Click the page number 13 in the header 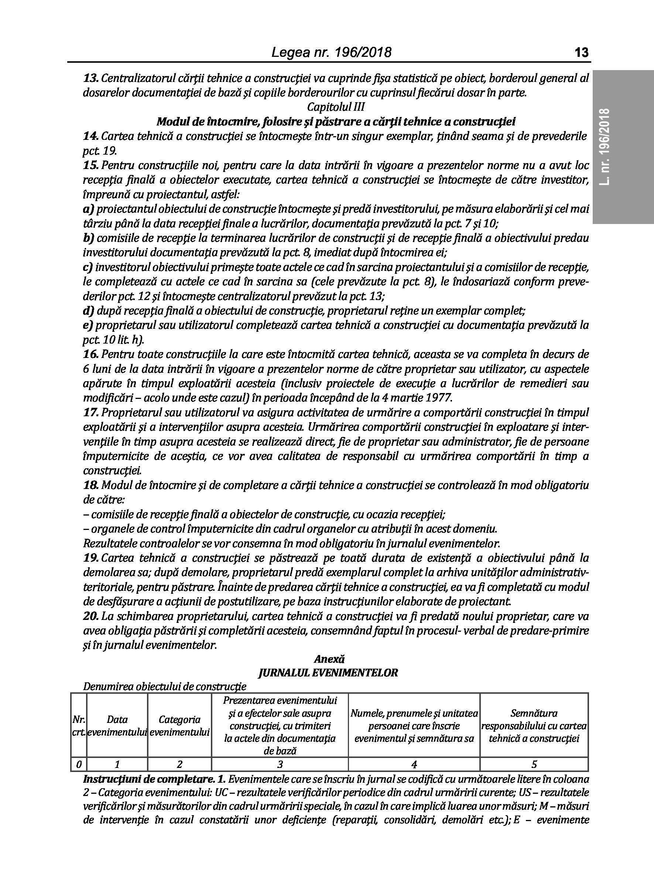(x=581, y=52)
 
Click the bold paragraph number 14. (x=91, y=137)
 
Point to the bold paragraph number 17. (x=91, y=413)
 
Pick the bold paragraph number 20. (x=91, y=616)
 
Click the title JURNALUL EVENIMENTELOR (x=328, y=673)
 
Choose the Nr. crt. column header (x=79, y=726)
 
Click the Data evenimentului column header (x=117, y=726)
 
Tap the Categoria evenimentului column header (x=179, y=726)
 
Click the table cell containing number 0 (x=79, y=764)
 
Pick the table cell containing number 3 (x=280, y=764)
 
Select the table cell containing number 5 (x=534, y=764)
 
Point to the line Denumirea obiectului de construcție (x=164, y=687)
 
